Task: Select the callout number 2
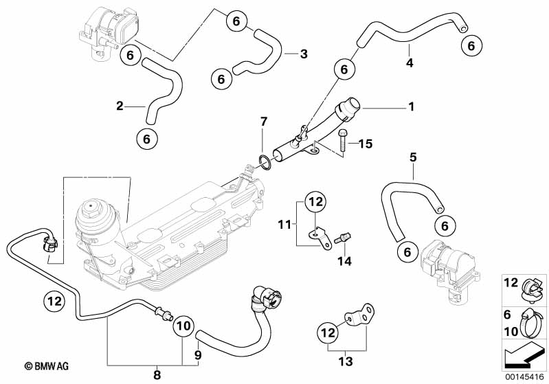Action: click(x=120, y=106)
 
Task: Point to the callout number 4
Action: click(x=410, y=63)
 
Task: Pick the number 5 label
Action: click(x=413, y=157)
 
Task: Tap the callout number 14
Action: click(x=344, y=260)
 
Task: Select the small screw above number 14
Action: click(x=342, y=238)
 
